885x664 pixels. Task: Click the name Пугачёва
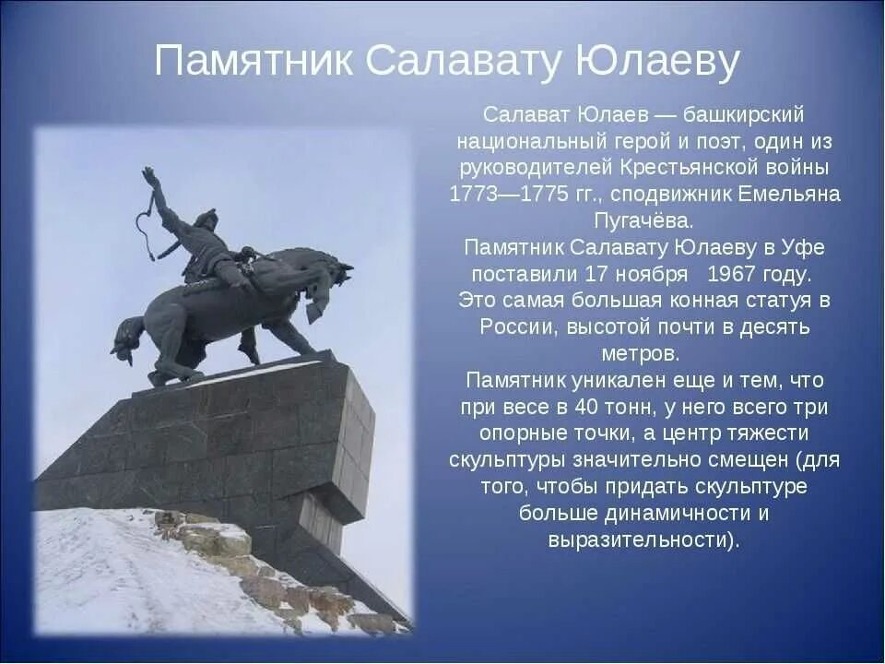643,221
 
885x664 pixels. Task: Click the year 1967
731,275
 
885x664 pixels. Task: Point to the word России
519,327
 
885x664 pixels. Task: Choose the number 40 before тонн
585,407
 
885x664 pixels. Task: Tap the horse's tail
126,338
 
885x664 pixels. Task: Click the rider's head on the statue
206,220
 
